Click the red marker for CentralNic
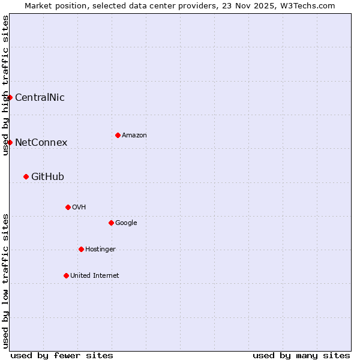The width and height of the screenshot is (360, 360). pos(10,97)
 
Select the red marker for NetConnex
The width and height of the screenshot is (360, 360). pos(10,142)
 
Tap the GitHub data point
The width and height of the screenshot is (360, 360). pos(26,176)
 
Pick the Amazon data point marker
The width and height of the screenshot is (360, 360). pos(118,135)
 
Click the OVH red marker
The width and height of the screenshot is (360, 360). pos(68,207)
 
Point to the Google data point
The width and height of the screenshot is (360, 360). pos(111,223)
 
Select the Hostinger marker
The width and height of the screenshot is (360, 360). pos(81,249)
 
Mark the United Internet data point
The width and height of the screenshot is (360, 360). pos(66,275)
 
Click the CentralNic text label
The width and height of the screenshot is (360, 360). pos(40,97)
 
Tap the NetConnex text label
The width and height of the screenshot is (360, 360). pos(41,142)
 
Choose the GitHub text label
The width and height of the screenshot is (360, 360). pos(47,176)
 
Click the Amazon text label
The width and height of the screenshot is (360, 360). pos(134,135)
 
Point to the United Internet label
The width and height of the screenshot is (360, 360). pos(95,275)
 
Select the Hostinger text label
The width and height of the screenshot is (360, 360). pos(100,249)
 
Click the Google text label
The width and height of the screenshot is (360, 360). pos(126,223)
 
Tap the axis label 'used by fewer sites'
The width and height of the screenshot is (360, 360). pos(62,355)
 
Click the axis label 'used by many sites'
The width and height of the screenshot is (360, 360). pos(301,355)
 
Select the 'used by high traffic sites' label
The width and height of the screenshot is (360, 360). pos(5,85)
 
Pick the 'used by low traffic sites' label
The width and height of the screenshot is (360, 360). pos(5,281)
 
